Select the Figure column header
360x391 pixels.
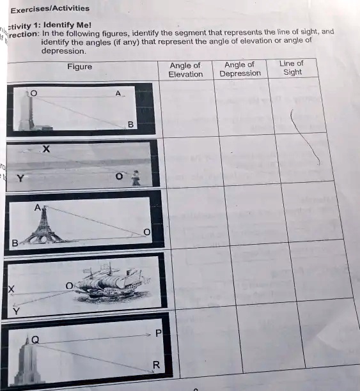coord(79,66)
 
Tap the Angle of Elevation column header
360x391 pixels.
coord(185,70)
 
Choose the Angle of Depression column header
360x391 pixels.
coord(240,69)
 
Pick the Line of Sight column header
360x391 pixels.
coord(292,68)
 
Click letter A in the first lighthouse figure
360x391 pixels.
coord(118,94)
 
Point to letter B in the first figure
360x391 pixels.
coord(130,124)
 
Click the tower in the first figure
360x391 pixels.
coord(27,112)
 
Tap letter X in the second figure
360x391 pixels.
coord(45,149)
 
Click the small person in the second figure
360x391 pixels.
coord(135,178)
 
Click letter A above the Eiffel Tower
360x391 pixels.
coord(38,207)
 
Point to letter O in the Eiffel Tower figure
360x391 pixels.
coord(146,232)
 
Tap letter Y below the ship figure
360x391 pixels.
coord(16,311)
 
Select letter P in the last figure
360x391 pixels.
coord(158,334)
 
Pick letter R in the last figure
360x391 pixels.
coord(155,365)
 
